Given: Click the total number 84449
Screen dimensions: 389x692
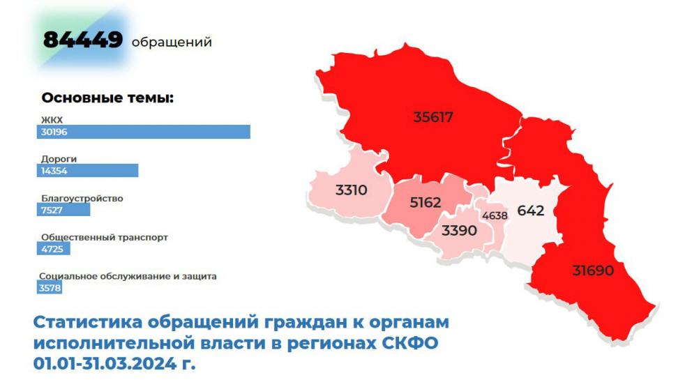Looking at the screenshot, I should point(83,40).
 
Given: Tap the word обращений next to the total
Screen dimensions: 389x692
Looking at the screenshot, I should point(171,42).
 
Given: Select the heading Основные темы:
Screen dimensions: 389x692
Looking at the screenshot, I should point(107,98).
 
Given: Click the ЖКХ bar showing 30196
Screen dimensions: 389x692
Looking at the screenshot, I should point(144,132).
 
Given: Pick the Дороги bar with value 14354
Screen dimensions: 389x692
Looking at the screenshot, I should point(89,171).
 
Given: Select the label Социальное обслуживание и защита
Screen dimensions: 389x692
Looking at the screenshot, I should point(128,275).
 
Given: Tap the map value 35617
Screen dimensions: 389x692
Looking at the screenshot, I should point(433,117).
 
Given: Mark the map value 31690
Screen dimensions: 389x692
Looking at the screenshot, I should point(593,270).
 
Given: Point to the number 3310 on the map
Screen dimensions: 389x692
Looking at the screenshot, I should point(351,189).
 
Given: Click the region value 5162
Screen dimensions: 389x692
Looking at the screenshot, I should point(426,203).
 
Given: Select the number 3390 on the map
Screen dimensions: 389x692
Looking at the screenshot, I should point(459,230).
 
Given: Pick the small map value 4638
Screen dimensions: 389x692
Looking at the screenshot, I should point(495,215).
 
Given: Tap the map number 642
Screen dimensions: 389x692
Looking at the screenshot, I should point(530,210).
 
